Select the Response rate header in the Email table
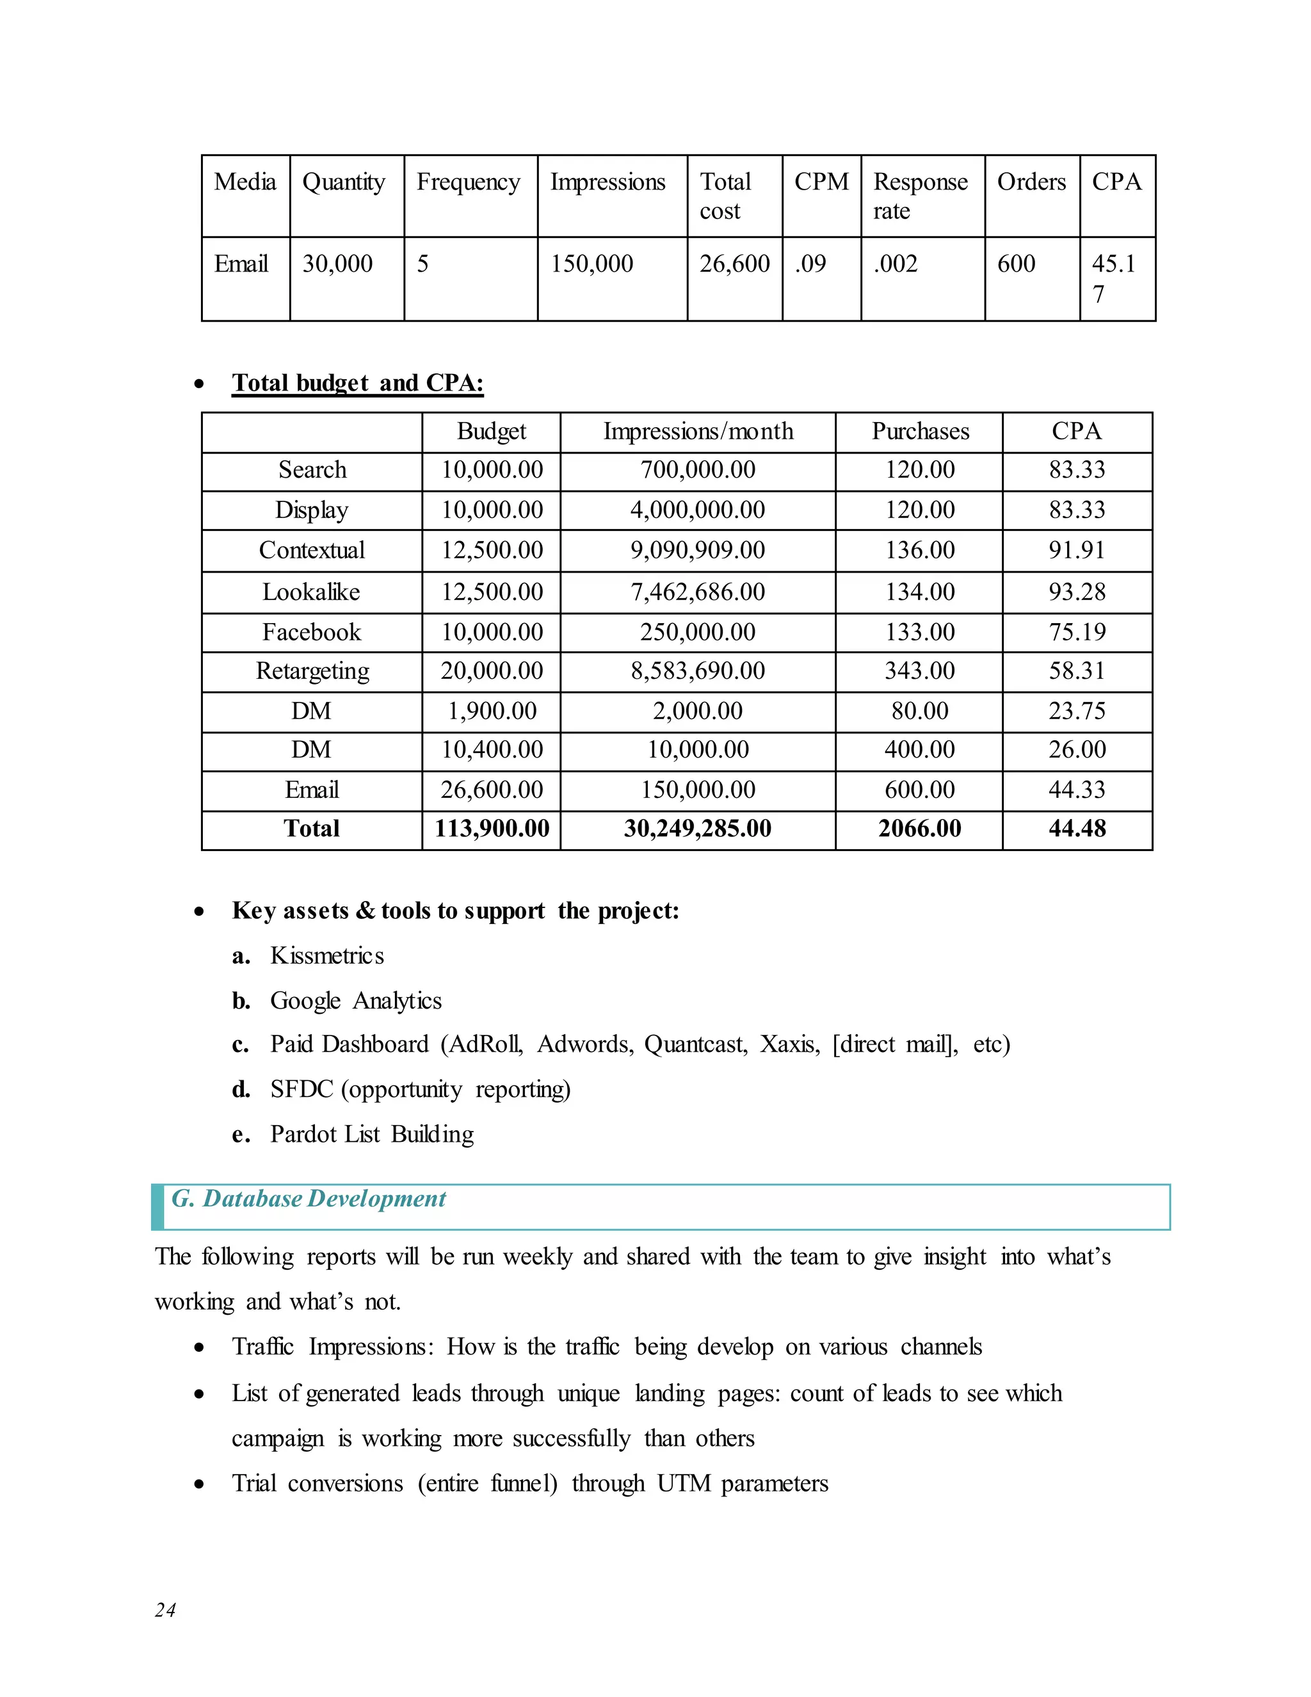click(x=921, y=196)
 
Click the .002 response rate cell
click(x=895, y=264)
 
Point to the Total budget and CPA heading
click(x=357, y=383)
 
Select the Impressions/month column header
click(x=698, y=431)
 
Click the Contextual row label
click(x=312, y=550)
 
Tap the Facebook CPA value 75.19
click(x=1077, y=631)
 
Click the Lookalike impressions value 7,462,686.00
click(x=698, y=592)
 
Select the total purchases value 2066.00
click(x=920, y=828)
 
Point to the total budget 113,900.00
click(x=492, y=828)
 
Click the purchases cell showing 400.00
click(x=920, y=750)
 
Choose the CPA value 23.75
click(x=1077, y=711)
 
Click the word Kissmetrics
click(x=327, y=955)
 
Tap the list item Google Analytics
click(x=356, y=1001)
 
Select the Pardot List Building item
click(x=372, y=1135)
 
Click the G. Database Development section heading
click(x=309, y=1199)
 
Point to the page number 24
click(x=165, y=1610)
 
